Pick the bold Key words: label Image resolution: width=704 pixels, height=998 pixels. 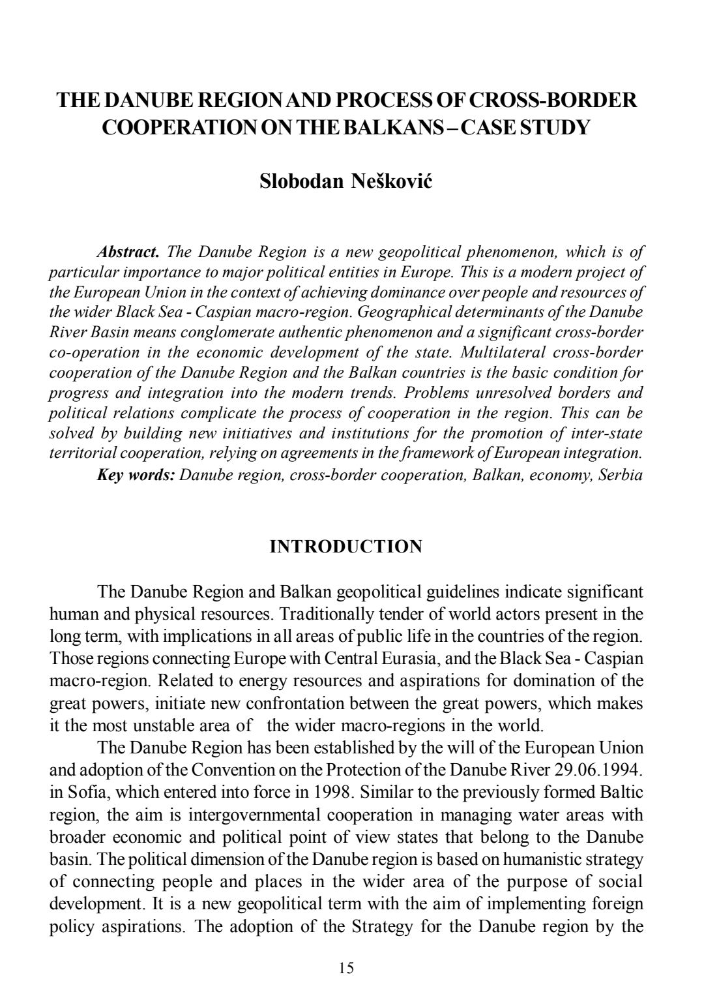pyautogui.click(x=136, y=474)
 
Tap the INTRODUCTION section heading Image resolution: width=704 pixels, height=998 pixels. pyautogui.click(x=346, y=547)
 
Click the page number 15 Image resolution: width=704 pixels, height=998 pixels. pyautogui.click(x=347, y=968)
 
